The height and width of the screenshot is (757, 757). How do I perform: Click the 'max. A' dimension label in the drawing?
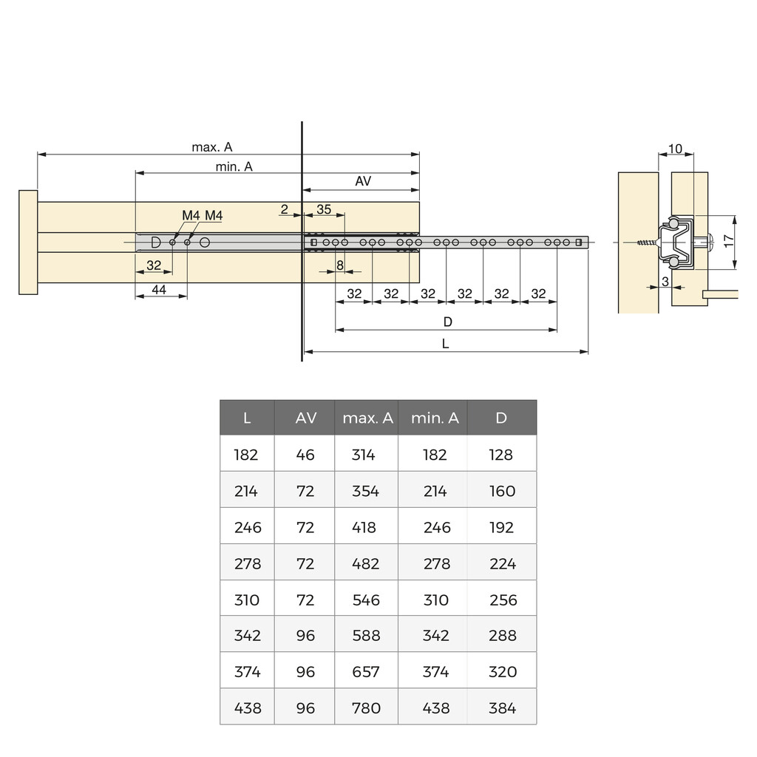(212, 147)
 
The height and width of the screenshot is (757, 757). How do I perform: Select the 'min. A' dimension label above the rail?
(234, 167)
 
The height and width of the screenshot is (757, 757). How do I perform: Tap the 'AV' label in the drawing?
(363, 181)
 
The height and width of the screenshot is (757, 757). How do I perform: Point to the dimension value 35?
(324, 209)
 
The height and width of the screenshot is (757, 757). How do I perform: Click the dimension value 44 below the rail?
(159, 291)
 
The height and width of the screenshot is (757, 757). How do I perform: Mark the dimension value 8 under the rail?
(339, 265)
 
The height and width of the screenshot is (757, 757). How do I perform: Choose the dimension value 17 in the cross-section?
(728, 240)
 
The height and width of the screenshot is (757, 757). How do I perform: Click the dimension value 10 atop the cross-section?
(675, 149)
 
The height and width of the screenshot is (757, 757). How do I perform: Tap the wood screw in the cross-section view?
(645, 242)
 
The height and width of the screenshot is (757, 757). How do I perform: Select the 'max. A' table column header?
(367, 418)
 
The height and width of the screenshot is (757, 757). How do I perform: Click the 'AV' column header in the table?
(305, 418)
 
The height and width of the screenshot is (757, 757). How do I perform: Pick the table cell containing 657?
(366, 672)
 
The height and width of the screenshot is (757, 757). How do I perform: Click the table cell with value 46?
(305, 455)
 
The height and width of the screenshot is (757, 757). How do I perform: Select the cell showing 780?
(366, 708)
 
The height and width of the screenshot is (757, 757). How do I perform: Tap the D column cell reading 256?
(503, 600)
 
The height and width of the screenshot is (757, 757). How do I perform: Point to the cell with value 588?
(366, 636)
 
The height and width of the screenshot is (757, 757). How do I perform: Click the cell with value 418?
(366, 527)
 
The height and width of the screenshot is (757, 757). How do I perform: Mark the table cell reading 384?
(503, 708)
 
